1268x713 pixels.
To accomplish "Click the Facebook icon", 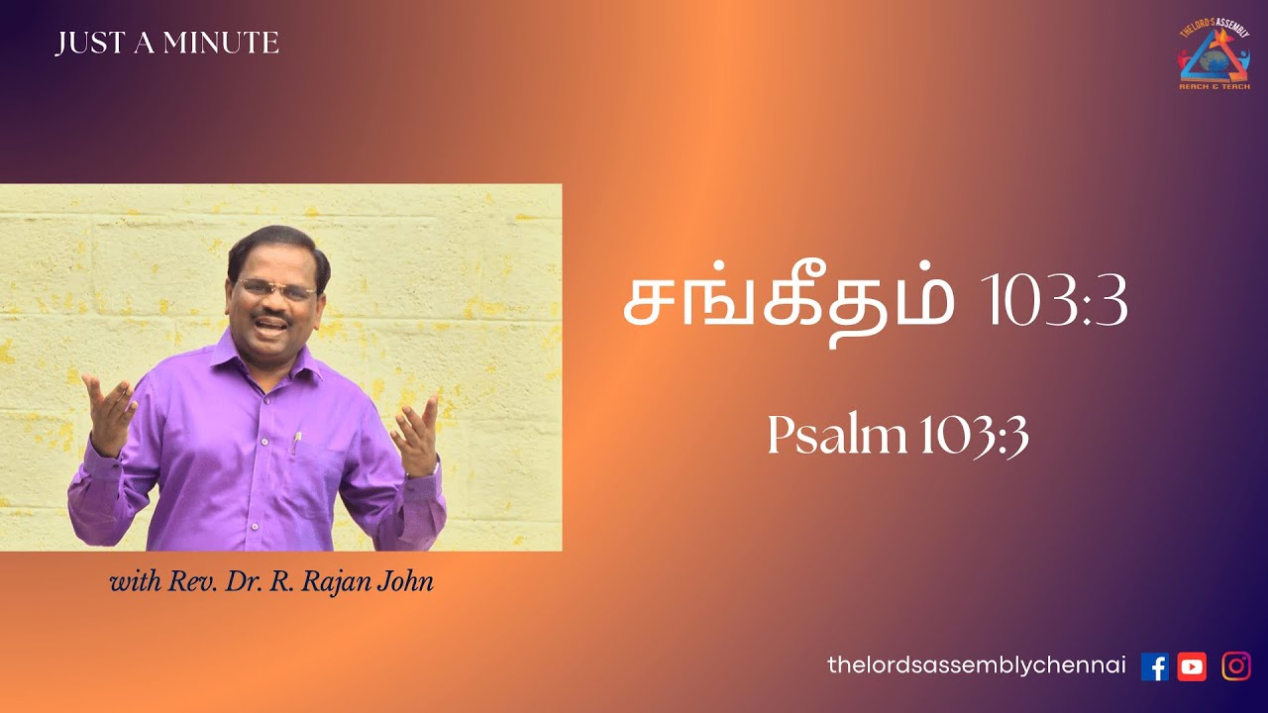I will coord(1154,666).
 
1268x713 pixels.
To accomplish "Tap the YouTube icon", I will coord(1192,666).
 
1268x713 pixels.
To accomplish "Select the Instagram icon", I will coord(1235,666).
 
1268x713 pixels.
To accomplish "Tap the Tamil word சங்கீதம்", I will coord(788,305).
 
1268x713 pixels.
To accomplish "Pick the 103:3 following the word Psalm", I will coord(974,437).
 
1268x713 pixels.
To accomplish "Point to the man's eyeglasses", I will coord(275,290).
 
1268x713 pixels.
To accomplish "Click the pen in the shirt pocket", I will coord(295,443).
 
